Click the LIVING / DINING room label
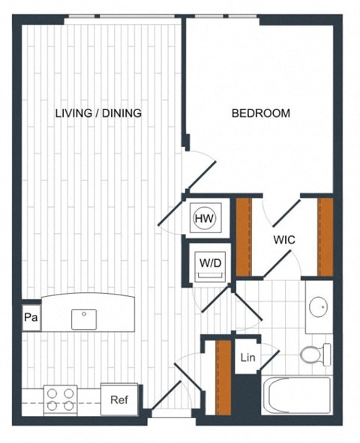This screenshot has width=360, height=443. [98, 113]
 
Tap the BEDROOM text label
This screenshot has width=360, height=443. [260, 113]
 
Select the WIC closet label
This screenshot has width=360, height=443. [283, 240]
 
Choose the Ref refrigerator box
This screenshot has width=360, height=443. [119, 400]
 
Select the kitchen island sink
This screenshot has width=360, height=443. [84, 319]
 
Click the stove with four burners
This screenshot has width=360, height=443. [60, 399]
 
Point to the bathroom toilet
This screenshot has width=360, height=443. [316, 353]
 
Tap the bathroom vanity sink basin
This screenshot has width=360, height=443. [319, 306]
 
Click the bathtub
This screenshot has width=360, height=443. [296, 394]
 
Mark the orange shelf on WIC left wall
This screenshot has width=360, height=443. [243, 236]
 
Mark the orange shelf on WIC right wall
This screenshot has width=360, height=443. [325, 236]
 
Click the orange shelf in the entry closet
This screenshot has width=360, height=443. [223, 377]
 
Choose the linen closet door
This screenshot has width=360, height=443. [267, 361]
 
